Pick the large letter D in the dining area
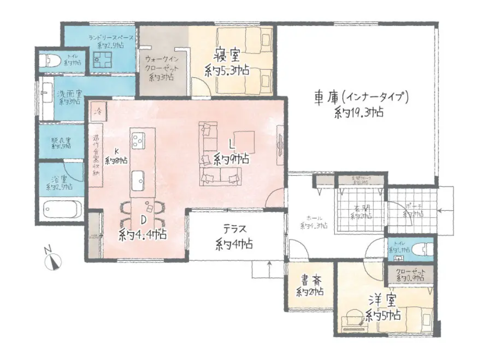[x=142, y=219]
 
